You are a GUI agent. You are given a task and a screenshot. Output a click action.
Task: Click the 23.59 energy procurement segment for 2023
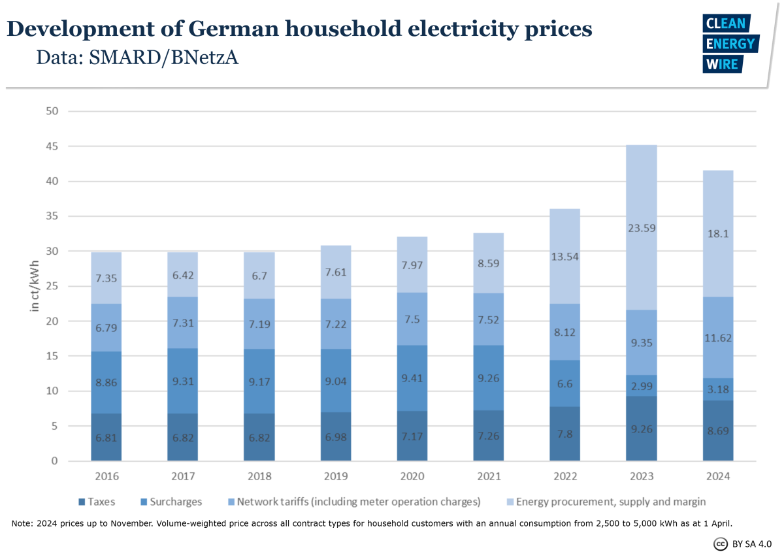(x=641, y=228)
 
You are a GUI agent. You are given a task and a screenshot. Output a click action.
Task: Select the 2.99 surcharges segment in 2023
(x=641, y=385)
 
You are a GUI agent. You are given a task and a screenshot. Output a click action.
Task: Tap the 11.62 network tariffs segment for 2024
(x=717, y=338)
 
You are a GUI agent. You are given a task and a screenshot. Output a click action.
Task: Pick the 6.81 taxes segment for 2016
(x=106, y=437)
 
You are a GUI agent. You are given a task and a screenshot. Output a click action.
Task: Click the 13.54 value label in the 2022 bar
(x=564, y=257)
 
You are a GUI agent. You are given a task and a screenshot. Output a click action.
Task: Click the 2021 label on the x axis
(x=488, y=477)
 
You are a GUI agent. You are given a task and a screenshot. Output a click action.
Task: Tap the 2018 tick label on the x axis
(x=259, y=477)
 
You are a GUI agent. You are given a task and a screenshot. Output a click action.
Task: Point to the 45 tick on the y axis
(x=53, y=146)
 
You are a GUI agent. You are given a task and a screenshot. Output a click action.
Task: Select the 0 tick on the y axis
(x=56, y=461)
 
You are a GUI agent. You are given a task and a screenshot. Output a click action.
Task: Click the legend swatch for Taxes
(x=82, y=502)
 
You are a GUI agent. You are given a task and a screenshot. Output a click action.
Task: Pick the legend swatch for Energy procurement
(x=510, y=502)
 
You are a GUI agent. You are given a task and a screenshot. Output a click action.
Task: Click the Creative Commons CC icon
(x=721, y=544)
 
